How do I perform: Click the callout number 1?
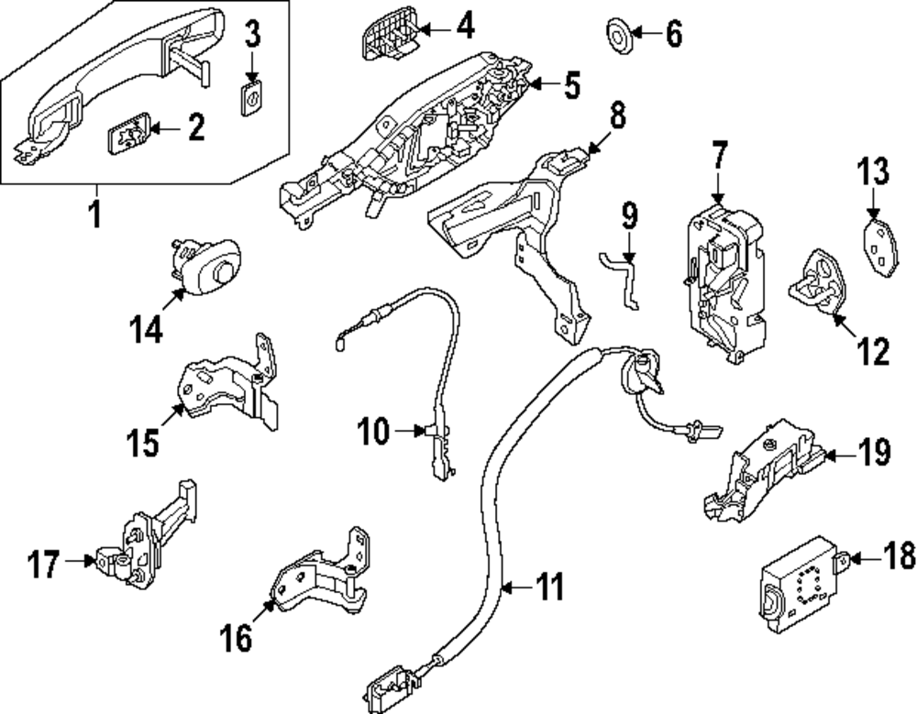(95, 216)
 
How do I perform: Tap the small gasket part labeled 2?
(131, 135)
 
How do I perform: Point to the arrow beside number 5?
(542, 87)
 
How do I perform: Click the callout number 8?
(617, 115)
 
